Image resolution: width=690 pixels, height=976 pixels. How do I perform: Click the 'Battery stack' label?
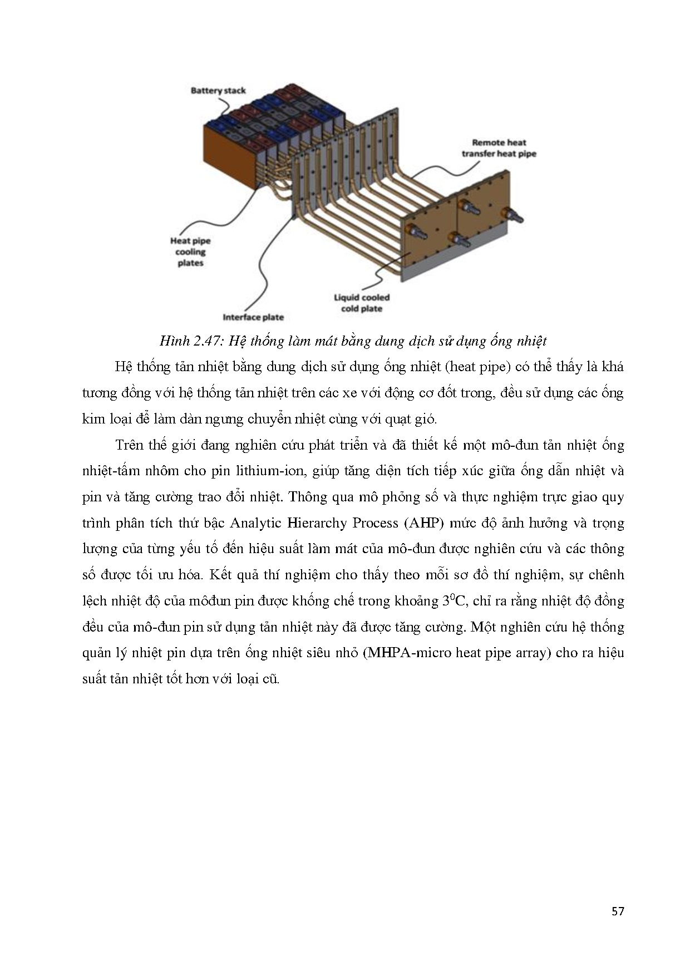coord(218,90)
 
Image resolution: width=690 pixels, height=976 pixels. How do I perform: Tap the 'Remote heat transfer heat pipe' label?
coord(499,148)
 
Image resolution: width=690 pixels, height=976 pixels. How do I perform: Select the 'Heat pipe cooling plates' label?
coord(190,252)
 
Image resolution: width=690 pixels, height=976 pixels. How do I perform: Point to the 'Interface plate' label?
coord(253,317)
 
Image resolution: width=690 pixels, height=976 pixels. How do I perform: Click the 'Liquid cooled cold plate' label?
coord(361,303)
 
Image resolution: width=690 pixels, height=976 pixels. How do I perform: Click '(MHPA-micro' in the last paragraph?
coord(408,653)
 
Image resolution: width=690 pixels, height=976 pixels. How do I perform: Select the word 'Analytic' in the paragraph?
coord(258,523)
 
